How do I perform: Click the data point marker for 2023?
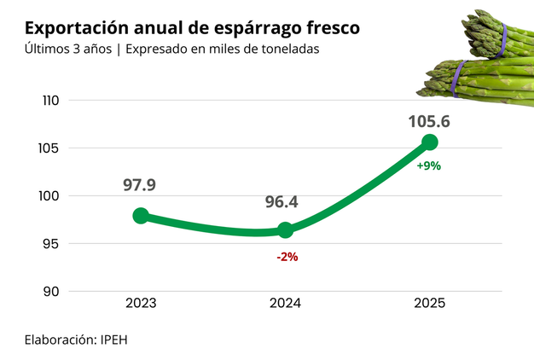coord(141,216)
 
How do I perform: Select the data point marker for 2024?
coord(286,229)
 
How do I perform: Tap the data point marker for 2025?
coord(430,142)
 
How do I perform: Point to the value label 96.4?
coord(282,202)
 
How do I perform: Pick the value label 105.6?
coord(429,121)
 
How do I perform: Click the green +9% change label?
coord(428,166)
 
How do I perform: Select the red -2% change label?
coord(287,256)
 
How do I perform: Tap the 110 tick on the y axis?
coord(49,101)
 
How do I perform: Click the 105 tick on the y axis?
coord(49,148)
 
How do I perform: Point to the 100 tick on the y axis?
coord(49,196)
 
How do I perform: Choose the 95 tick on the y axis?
coord(50,244)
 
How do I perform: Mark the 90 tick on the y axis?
coord(50,292)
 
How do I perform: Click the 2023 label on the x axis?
coord(141,303)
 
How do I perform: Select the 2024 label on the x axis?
coord(285,303)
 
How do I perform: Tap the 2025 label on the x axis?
coord(429,303)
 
